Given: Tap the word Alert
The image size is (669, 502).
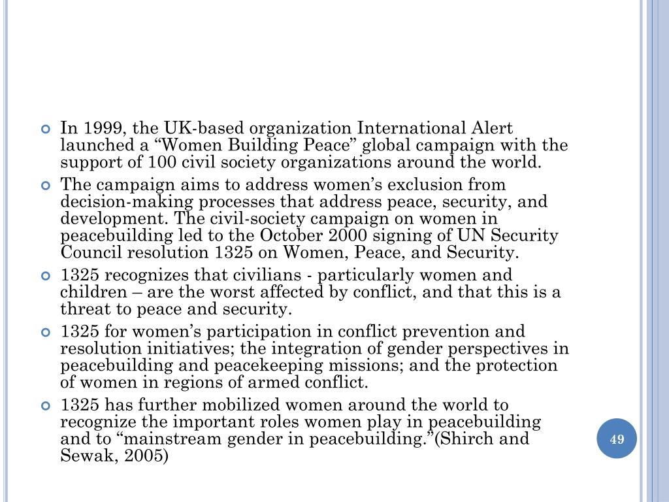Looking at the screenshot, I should pos(490,129).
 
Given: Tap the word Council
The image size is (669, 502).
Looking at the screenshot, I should pos(89,252).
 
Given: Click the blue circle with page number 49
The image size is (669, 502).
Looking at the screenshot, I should pos(617,439).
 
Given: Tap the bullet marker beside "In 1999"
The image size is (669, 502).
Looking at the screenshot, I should pos(46,129).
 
